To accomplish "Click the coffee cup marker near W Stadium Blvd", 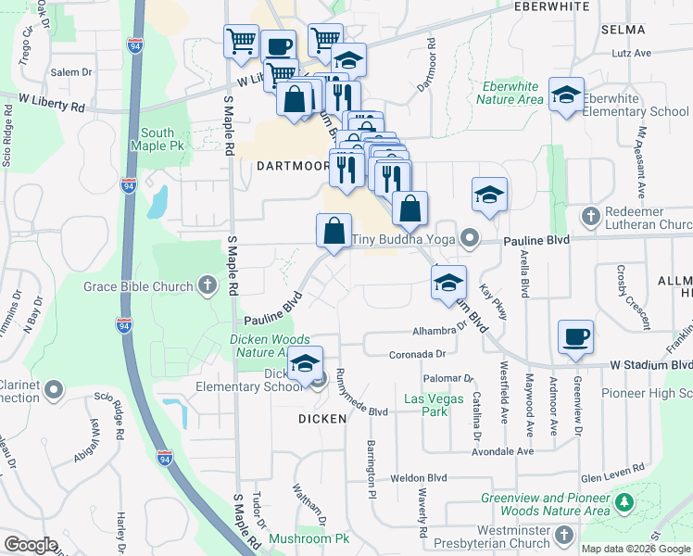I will [575, 337].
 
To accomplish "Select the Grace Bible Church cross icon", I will [204, 286].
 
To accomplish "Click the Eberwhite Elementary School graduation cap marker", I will [566, 95].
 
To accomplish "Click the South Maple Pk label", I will [164, 139].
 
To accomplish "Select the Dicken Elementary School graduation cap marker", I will [305, 364].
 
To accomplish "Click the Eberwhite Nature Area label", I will [509, 93].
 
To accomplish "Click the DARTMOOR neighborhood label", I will [292, 167].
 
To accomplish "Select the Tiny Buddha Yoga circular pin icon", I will [470, 239].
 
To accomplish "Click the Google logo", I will [31, 545].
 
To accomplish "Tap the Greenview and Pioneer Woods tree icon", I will [624, 503].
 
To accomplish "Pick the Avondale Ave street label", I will [501, 451].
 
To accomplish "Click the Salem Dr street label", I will [72, 71].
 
